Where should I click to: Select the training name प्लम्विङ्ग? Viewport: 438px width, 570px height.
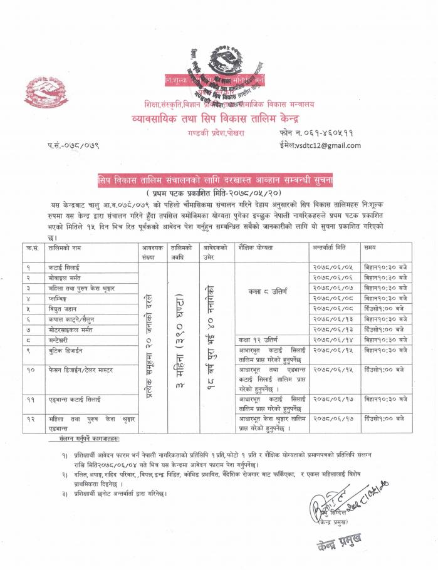[x=62, y=298]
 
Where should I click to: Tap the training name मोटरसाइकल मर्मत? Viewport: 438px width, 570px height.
[x=73, y=329]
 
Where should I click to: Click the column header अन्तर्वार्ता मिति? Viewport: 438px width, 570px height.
[x=334, y=248]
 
